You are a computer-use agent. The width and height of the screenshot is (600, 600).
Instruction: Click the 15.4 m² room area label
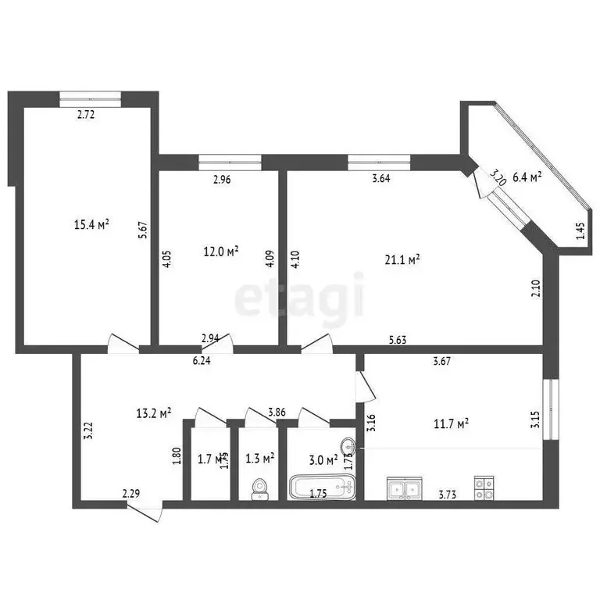[91, 225]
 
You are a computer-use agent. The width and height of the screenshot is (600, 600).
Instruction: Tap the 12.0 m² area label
[221, 252]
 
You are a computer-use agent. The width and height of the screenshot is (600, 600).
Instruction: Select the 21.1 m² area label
[405, 259]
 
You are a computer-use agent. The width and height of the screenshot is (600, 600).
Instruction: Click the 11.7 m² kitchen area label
[452, 423]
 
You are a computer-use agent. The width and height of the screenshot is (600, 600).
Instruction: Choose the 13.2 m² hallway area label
[155, 413]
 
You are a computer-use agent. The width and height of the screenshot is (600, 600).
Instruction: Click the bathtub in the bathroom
[320, 488]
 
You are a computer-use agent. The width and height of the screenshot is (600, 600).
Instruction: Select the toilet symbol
[259, 489]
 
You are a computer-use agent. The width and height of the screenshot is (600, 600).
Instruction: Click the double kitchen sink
[405, 489]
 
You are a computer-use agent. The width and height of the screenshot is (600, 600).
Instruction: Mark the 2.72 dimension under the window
[86, 115]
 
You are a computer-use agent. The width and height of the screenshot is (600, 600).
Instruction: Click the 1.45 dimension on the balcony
[580, 232]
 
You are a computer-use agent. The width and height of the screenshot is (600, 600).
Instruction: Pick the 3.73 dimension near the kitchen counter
[447, 494]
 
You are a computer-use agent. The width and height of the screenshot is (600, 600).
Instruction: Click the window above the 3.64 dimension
[379, 162]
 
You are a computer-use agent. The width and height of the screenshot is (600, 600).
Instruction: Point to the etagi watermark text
[299, 298]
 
